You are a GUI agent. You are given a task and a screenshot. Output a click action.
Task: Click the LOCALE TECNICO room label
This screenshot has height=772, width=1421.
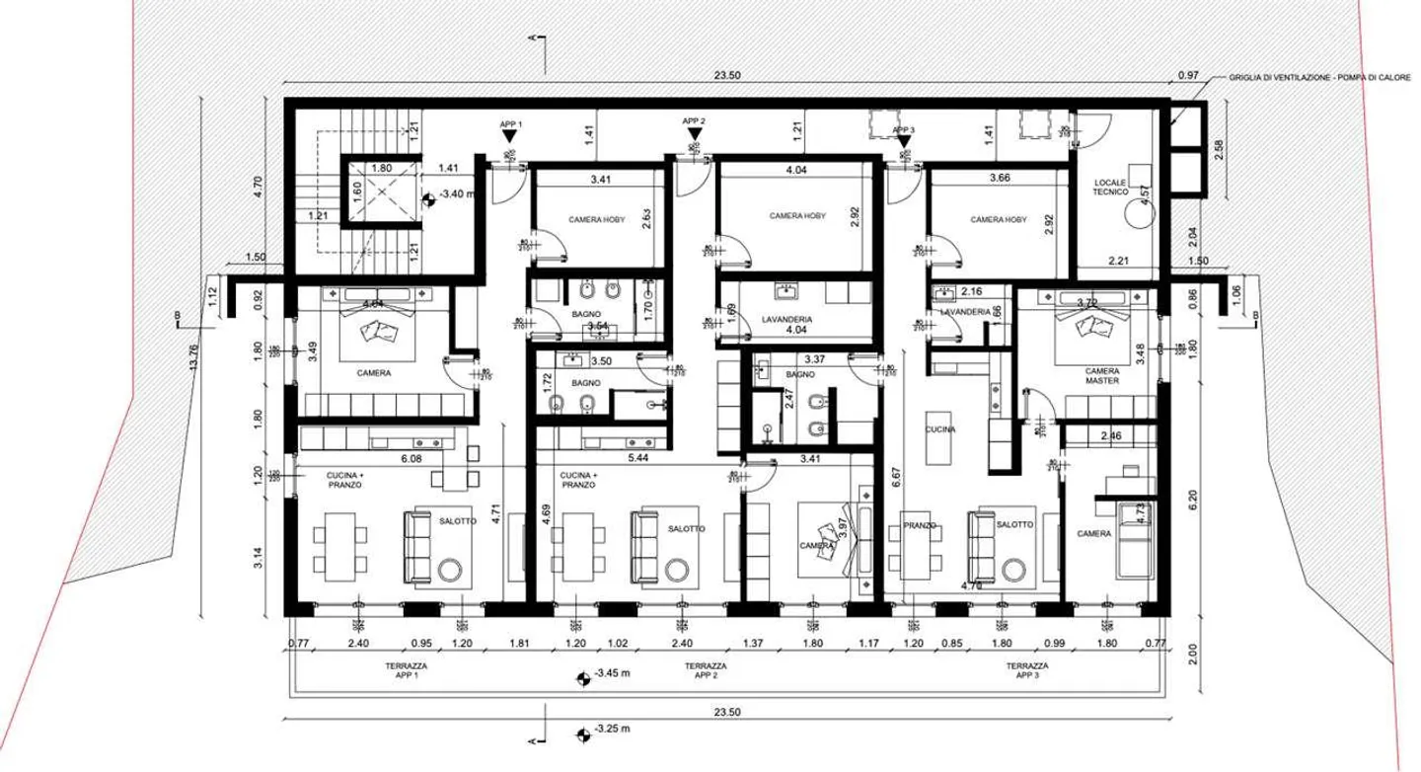point(1111,187)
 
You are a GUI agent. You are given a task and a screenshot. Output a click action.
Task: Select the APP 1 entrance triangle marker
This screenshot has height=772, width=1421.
point(509,137)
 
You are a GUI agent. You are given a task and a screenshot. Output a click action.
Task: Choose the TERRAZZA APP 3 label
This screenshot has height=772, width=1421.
point(1026,671)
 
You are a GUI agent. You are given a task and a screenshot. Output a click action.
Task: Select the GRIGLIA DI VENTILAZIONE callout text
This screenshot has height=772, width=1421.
point(1318,76)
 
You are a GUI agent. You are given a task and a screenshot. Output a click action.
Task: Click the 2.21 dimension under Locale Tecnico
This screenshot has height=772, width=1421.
point(1117,261)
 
